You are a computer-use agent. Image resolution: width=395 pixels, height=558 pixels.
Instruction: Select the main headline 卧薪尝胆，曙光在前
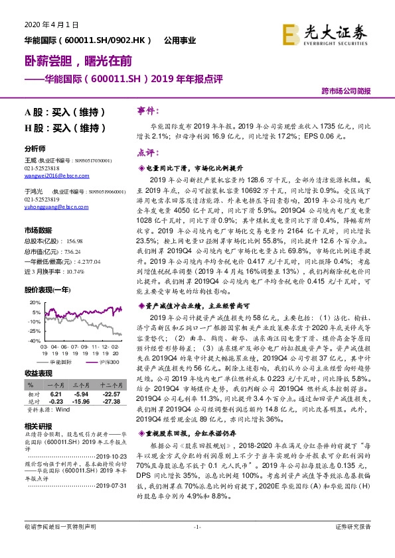[74, 62]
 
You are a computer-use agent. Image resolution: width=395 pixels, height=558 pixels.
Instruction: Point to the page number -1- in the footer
[197, 545]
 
